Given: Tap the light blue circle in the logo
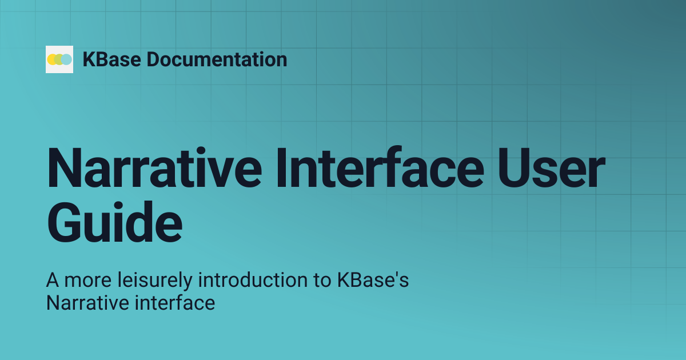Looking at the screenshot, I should [x=67, y=59].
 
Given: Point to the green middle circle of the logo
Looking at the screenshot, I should [x=59, y=59].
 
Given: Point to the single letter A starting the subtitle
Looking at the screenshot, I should [x=53, y=281].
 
